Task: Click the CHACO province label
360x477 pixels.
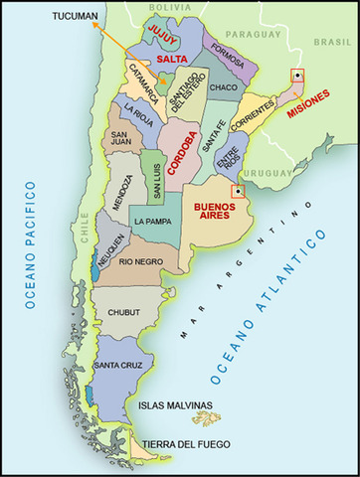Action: click(223, 88)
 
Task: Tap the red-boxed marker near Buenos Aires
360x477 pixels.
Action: click(237, 191)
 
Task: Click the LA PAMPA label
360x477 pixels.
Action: click(155, 221)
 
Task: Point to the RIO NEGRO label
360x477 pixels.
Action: click(140, 261)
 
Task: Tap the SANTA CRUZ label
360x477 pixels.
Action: click(115, 367)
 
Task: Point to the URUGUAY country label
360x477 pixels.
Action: click(269, 172)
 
